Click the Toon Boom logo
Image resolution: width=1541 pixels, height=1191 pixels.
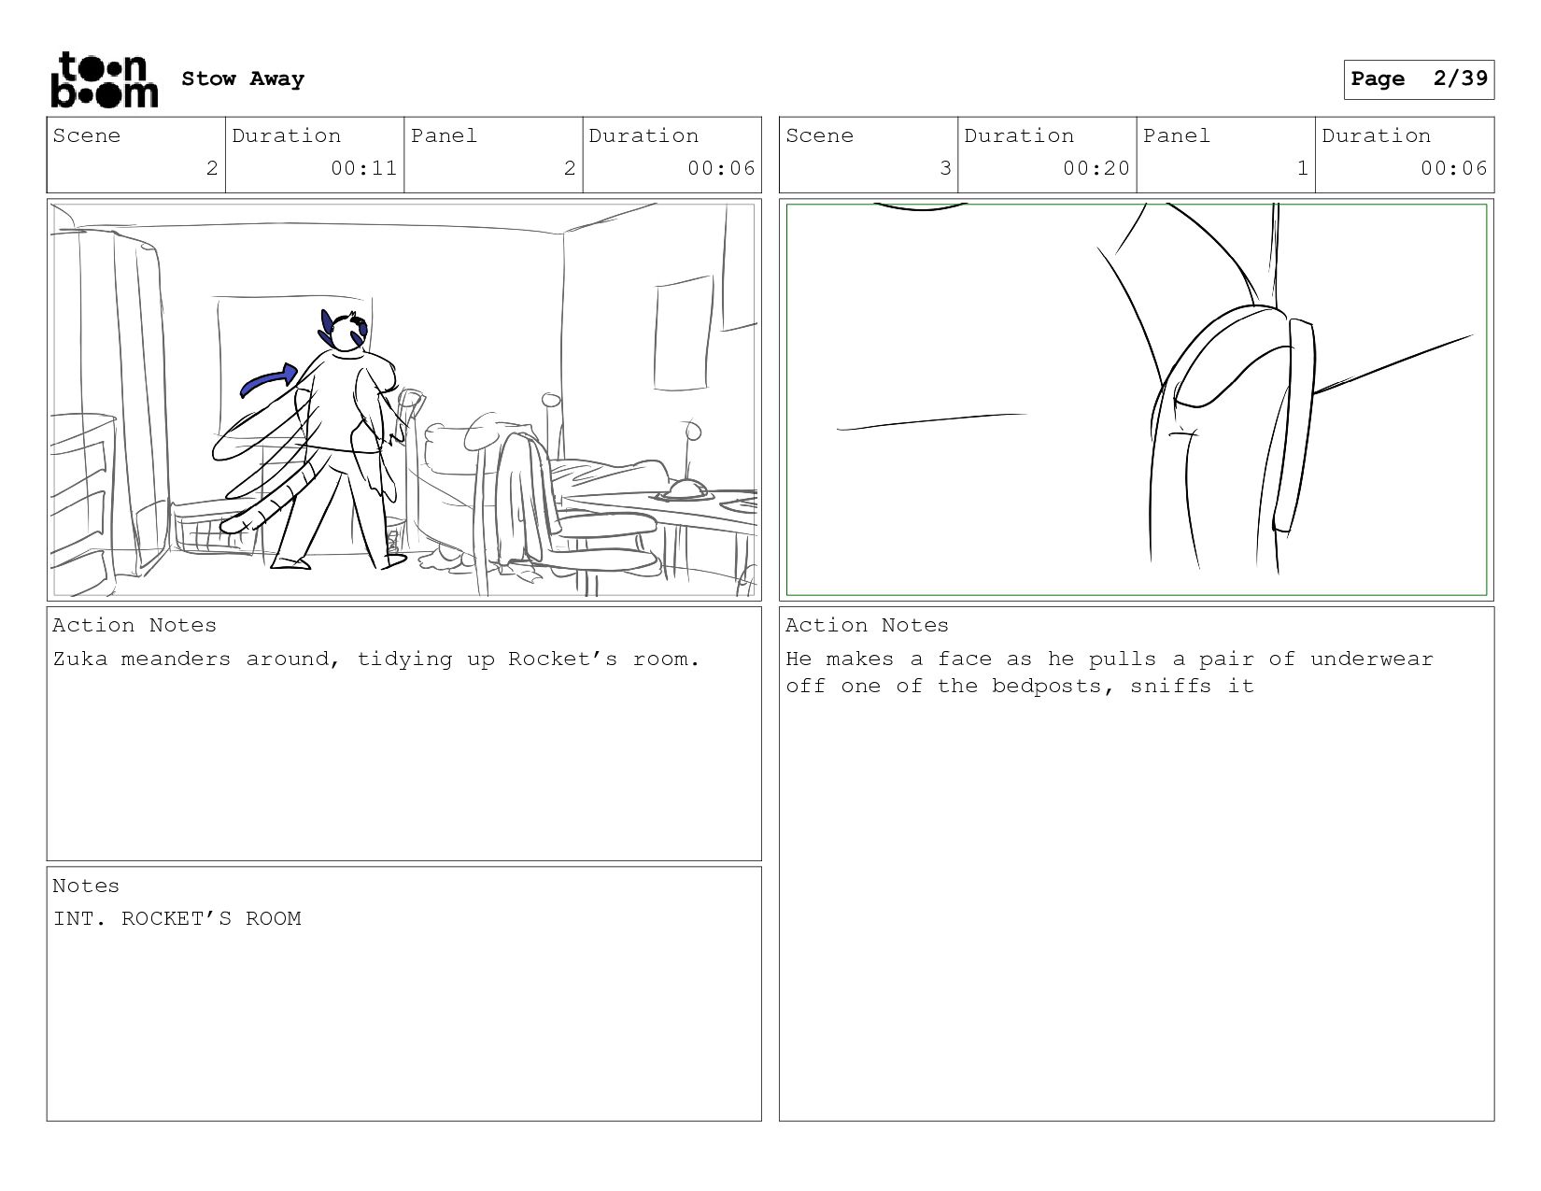click(x=105, y=79)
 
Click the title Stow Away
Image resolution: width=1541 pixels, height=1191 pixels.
click(x=243, y=78)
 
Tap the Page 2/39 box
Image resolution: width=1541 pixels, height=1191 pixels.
click(x=1419, y=79)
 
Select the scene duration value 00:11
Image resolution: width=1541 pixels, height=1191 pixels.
click(x=364, y=168)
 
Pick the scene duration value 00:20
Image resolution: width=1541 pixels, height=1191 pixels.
click(x=1096, y=168)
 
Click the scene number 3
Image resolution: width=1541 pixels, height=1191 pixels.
click(x=945, y=168)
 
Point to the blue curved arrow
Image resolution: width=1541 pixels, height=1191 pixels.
click(x=269, y=379)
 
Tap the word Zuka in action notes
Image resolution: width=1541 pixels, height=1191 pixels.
click(x=80, y=659)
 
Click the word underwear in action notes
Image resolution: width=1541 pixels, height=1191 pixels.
click(x=1372, y=659)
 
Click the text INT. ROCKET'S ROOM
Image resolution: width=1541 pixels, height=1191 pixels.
click(x=177, y=918)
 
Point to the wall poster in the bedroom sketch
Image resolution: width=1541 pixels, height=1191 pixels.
click(x=683, y=333)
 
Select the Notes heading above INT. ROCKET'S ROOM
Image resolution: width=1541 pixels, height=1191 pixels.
click(x=86, y=886)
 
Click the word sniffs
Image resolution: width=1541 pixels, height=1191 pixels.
click(x=1171, y=686)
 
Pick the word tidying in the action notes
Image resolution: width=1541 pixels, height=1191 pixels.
click(x=404, y=659)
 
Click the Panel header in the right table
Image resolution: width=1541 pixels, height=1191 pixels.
click(x=1177, y=135)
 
